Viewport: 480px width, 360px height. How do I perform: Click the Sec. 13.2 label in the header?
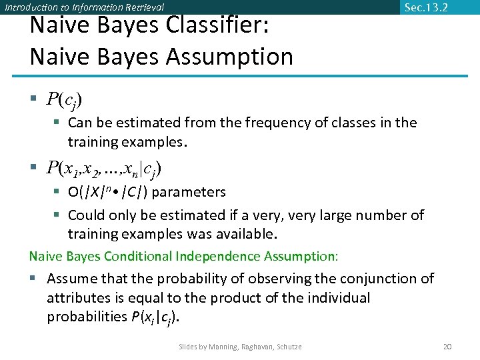[x=426, y=8]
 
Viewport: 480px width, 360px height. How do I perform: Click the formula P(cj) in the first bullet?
[x=65, y=100]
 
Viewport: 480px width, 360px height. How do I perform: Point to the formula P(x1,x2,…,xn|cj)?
[x=104, y=169]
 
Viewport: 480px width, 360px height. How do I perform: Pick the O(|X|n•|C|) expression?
[x=108, y=193]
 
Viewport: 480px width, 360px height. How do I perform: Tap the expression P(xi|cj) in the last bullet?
[x=155, y=317]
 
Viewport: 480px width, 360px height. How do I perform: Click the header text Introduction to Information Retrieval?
[x=84, y=7]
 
